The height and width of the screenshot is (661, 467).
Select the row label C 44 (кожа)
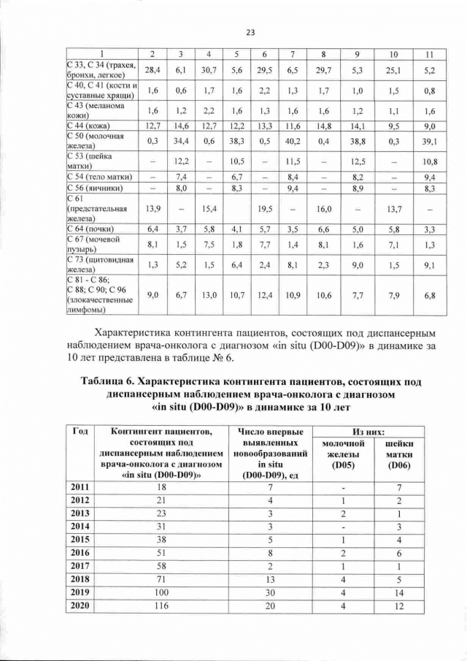[x=88, y=126]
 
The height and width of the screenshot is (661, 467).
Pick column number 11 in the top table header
[x=429, y=56]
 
